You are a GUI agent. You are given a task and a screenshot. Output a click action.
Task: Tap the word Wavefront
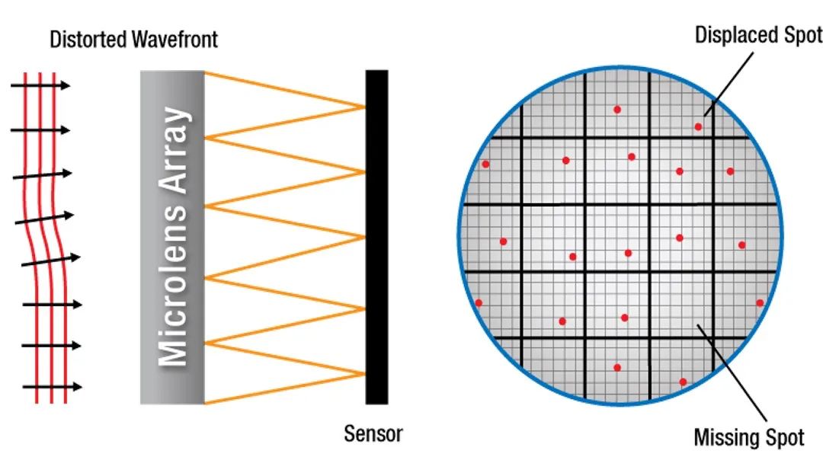tap(175, 40)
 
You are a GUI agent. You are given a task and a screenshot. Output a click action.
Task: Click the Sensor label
tap(373, 434)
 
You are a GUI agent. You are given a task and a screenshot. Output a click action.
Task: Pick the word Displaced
tap(736, 34)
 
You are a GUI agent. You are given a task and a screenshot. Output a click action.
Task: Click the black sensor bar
tap(377, 237)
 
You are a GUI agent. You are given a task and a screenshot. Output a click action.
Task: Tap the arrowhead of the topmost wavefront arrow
tap(65, 85)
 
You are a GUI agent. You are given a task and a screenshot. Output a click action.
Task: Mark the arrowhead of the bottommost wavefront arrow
tap(77, 387)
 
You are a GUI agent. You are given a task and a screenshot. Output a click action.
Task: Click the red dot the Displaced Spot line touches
tap(698, 127)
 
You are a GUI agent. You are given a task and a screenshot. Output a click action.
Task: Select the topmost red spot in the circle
tap(617, 110)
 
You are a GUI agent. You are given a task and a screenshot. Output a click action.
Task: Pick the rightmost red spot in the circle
tap(760, 302)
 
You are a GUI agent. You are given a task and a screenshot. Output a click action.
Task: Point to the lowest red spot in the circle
tap(683, 382)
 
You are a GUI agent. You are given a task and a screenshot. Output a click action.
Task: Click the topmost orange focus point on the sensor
tap(364, 107)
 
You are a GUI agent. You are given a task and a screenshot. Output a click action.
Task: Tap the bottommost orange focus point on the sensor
tap(364, 374)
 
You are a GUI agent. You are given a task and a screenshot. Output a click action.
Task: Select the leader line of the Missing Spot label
tap(732, 373)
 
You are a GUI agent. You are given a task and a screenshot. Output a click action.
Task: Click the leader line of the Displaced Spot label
tap(729, 84)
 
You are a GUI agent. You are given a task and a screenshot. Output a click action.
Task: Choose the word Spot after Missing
tap(785, 437)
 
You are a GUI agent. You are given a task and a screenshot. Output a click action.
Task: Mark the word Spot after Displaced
tap(802, 34)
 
